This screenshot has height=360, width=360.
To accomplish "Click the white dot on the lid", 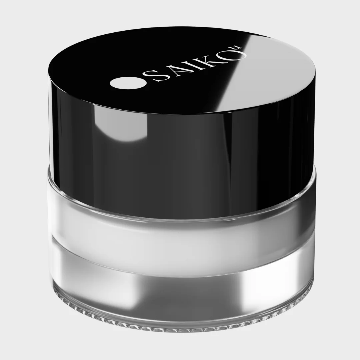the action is point(128,83).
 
